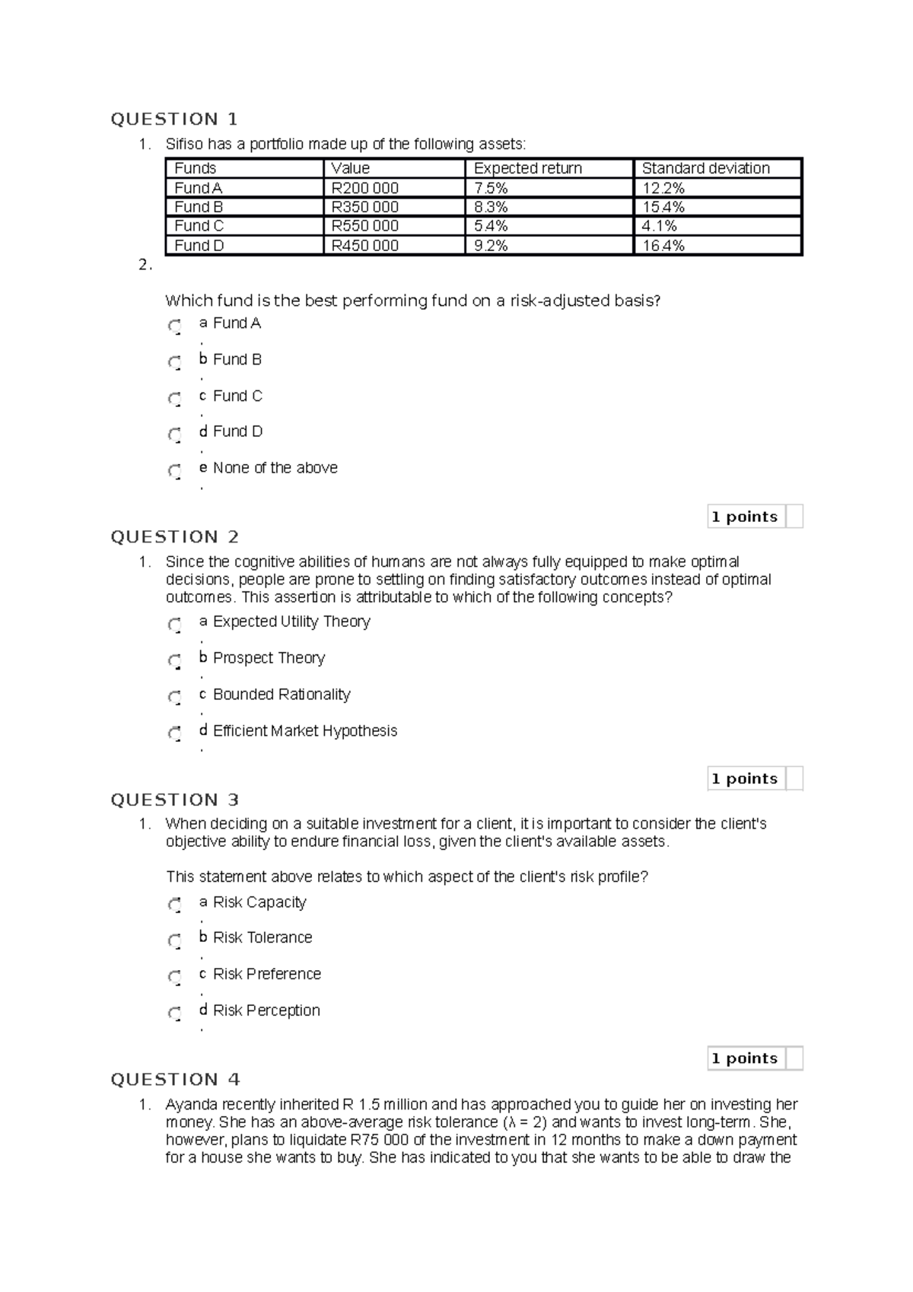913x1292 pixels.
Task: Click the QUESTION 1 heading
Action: (174, 119)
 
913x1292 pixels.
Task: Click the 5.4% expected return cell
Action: (491, 226)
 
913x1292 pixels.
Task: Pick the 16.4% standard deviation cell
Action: (663, 246)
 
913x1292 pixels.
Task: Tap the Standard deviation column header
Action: (705, 168)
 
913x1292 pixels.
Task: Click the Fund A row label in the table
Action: (198, 188)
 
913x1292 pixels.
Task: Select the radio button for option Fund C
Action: (175, 399)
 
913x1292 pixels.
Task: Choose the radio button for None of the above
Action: (175, 471)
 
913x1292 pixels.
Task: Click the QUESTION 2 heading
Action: (174, 537)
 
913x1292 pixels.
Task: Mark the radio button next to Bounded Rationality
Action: (175, 697)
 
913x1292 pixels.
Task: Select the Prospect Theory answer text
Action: (269, 658)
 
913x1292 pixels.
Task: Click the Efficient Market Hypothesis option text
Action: (304, 731)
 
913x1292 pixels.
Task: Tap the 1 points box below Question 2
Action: (745, 778)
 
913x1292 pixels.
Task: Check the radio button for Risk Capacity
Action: (175, 905)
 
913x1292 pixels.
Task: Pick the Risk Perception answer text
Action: (266, 1010)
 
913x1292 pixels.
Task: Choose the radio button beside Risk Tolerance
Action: (175, 940)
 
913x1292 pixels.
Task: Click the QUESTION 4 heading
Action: (175, 1080)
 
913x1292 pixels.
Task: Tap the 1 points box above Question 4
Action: (745, 1058)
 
